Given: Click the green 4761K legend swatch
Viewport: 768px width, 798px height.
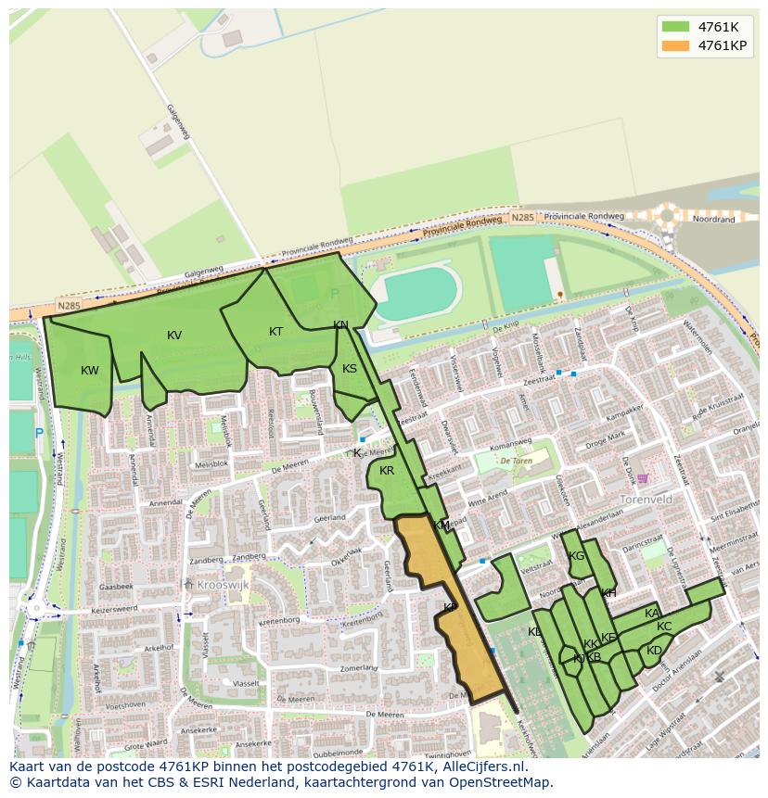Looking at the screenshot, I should (x=676, y=26).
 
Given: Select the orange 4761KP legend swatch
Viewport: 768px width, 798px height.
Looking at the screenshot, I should (x=676, y=44).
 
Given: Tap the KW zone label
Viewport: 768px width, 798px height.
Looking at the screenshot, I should (x=90, y=371).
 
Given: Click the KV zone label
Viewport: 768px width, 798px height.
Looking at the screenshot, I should (x=174, y=336).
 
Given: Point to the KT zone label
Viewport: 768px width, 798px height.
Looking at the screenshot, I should (x=276, y=332).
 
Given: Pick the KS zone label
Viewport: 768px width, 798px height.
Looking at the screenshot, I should (x=350, y=369).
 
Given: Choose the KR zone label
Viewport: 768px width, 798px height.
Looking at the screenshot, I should (x=387, y=471).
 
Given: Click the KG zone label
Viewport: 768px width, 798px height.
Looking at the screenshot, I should (x=577, y=556).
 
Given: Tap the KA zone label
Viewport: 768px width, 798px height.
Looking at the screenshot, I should (x=652, y=614).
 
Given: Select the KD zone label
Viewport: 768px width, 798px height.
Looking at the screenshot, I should (x=654, y=651).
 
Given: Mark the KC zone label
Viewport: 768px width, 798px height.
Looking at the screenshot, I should (x=664, y=627).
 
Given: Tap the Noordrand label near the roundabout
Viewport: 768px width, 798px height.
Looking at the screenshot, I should (x=714, y=221).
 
